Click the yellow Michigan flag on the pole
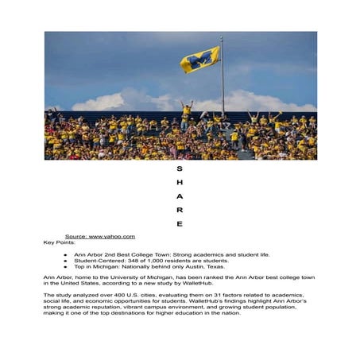point(199,60)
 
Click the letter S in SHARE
point(180,169)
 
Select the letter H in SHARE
point(180,183)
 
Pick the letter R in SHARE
point(180,210)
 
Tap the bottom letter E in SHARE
point(180,223)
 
